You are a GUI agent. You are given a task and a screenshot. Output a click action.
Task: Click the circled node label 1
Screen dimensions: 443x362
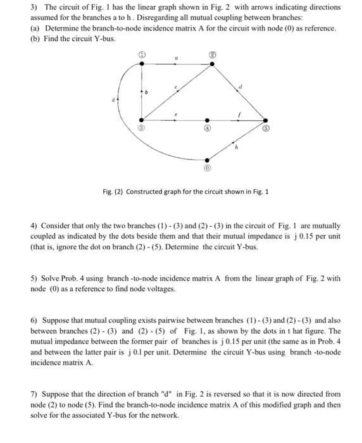(x=141, y=56)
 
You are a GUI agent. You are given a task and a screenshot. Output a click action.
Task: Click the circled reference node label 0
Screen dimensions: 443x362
(x=208, y=170)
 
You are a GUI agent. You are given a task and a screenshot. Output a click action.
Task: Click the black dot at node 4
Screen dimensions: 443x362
(x=208, y=118)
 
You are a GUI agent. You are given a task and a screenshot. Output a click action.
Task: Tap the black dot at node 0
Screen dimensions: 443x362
(x=208, y=159)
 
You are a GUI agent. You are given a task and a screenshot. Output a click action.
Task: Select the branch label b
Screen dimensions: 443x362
(x=149, y=92)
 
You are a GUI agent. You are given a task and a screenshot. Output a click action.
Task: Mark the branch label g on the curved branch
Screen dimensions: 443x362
(x=115, y=99)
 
